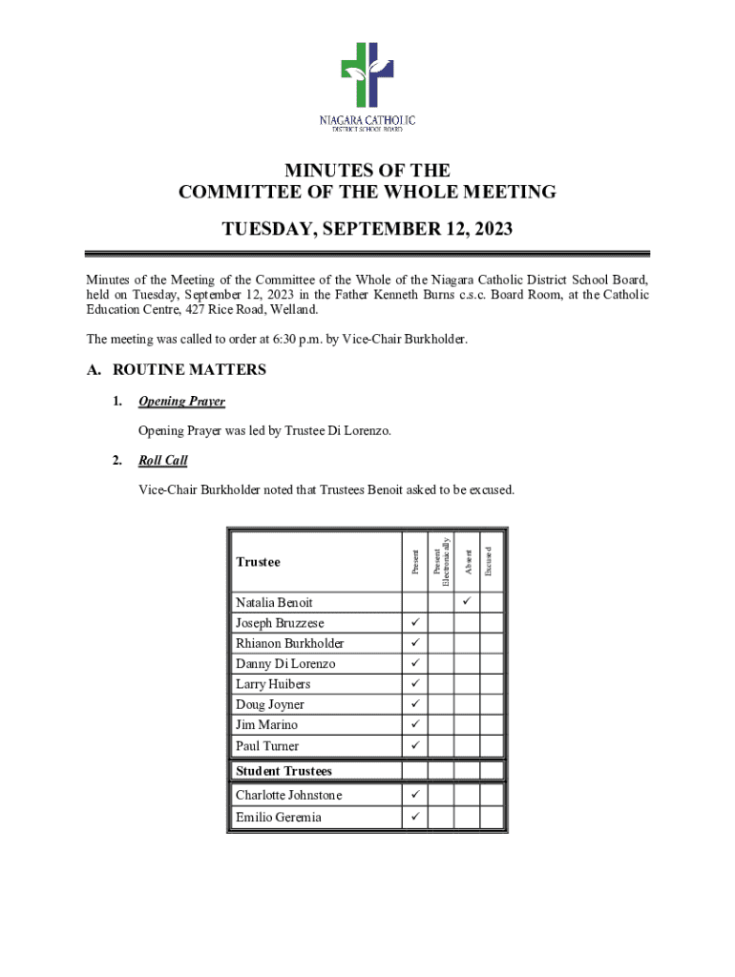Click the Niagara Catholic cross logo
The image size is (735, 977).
[x=367, y=76]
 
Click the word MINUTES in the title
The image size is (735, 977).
[x=326, y=171]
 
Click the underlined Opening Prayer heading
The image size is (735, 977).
[x=181, y=402]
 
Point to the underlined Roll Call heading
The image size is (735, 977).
[x=162, y=461]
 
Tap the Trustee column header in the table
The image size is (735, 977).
[x=258, y=562]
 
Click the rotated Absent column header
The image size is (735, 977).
[x=466, y=561]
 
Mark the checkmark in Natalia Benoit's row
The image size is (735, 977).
[x=467, y=602]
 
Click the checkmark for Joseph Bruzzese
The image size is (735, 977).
[x=415, y=623]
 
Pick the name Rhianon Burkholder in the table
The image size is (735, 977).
[x=289, y=643]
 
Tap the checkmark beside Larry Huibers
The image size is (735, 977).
[x=415, y=684]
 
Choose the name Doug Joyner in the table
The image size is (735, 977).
[x=269, y=705]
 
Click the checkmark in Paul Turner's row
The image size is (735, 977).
[x=415, y=745]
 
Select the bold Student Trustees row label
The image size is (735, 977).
[x=283, y=771]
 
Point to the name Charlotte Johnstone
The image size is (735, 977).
[x=288, y=796]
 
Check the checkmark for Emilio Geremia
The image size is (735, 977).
[x=415, y=817]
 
